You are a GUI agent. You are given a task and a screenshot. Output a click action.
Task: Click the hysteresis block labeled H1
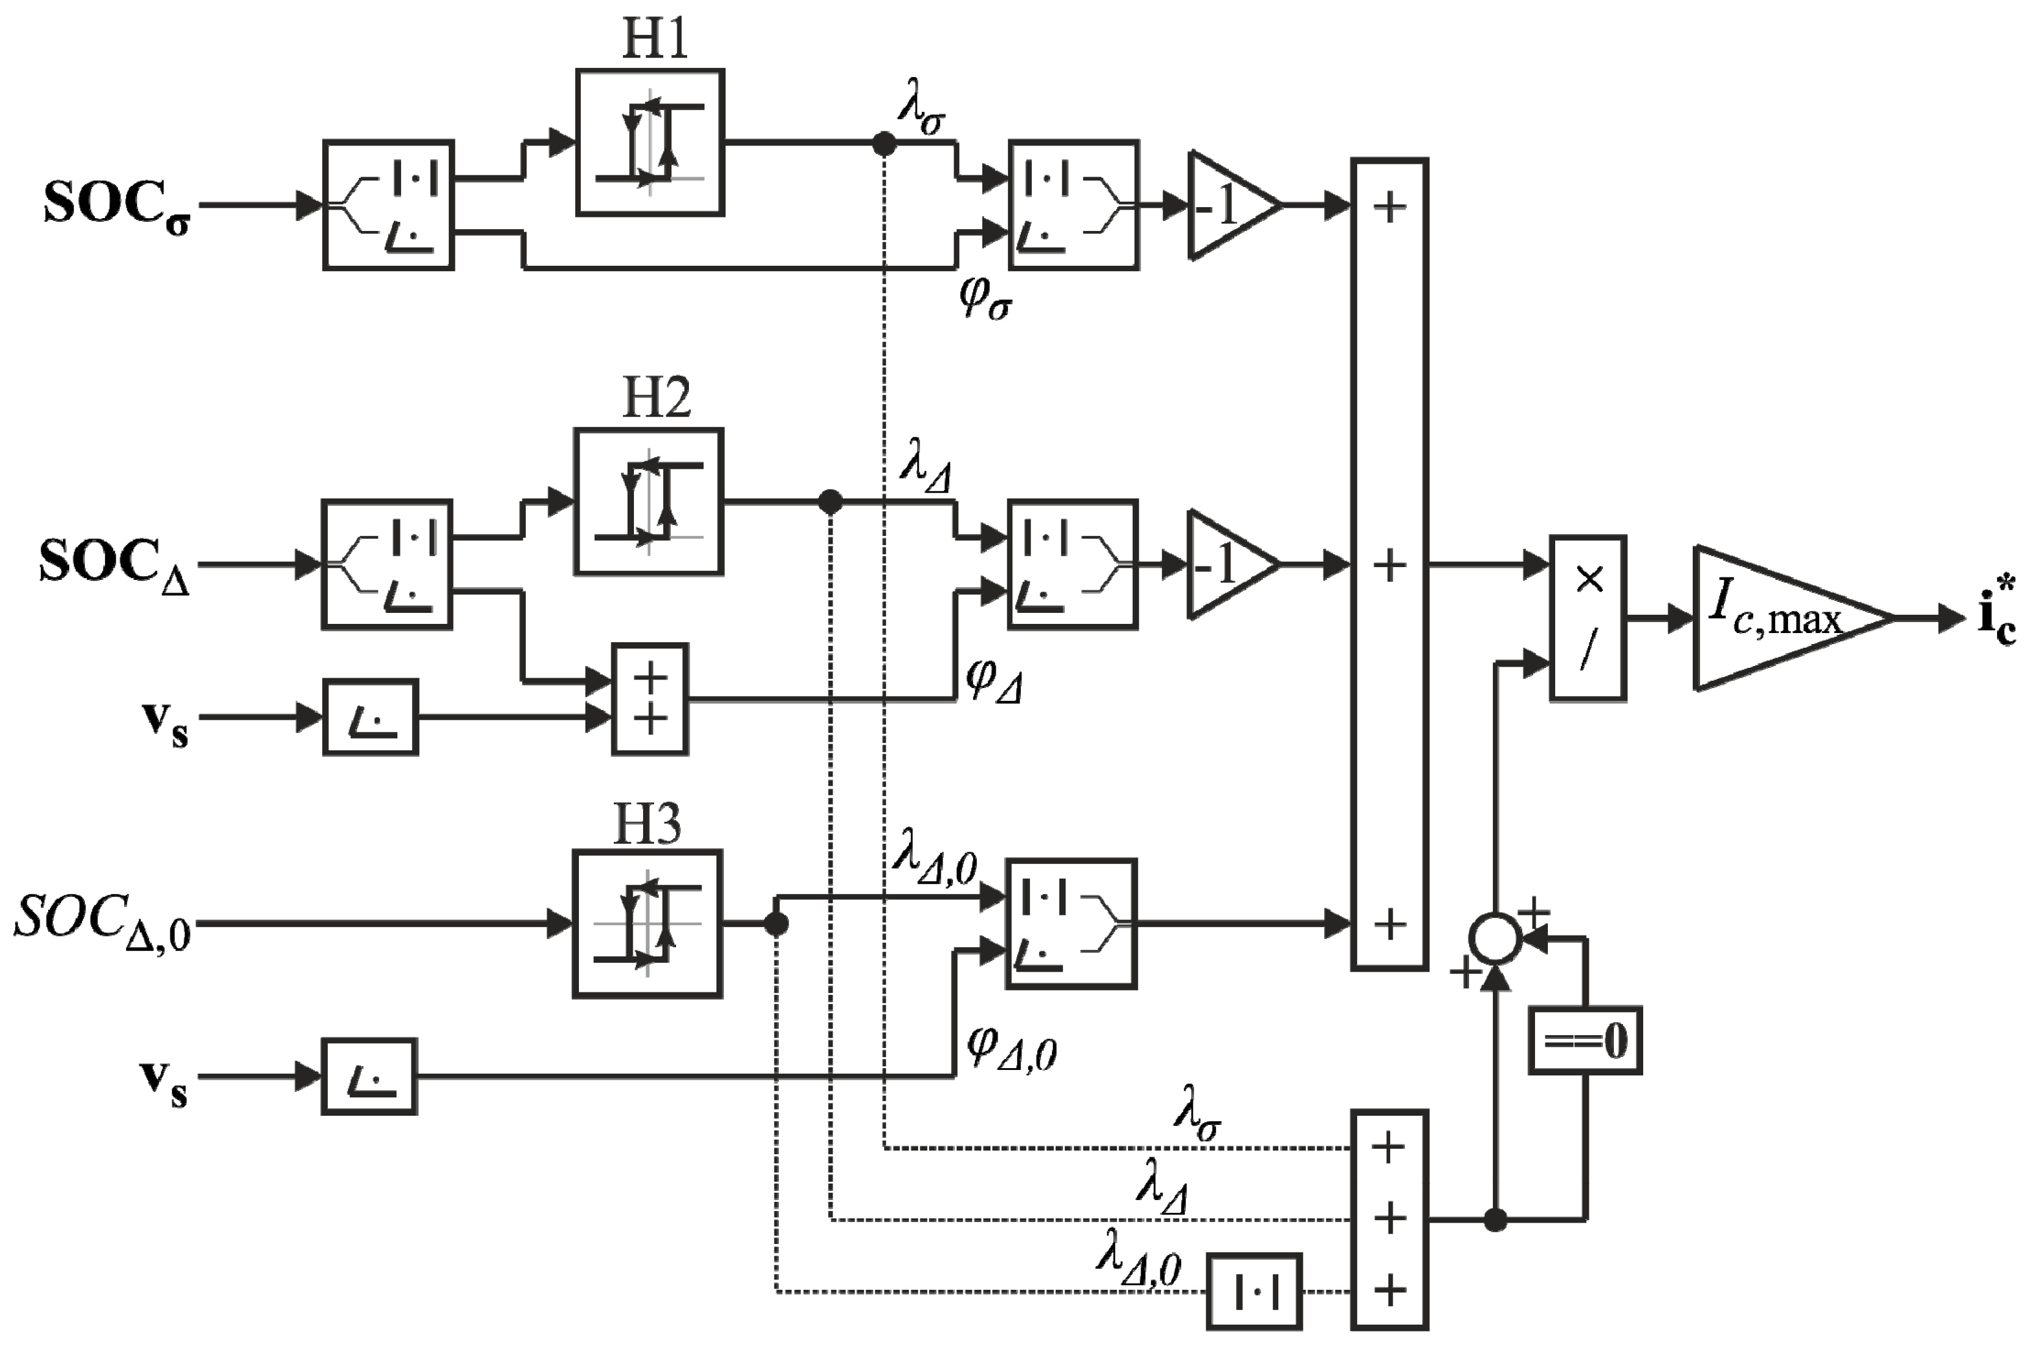tap(650, 142)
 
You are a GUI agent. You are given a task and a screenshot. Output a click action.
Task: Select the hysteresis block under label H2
tap(648, 502)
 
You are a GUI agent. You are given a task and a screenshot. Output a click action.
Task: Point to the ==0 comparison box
tap(1585, 1041)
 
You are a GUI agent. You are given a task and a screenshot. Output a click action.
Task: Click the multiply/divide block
tap(1588, 617)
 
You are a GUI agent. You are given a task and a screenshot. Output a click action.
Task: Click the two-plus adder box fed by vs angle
tap(650, 699)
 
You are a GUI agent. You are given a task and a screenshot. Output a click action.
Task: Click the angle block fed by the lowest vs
tap(370, 1077)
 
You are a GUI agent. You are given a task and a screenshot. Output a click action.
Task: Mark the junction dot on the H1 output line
tap(884, 144)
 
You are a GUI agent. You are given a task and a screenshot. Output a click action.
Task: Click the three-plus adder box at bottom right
tap(1389, 1219)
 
